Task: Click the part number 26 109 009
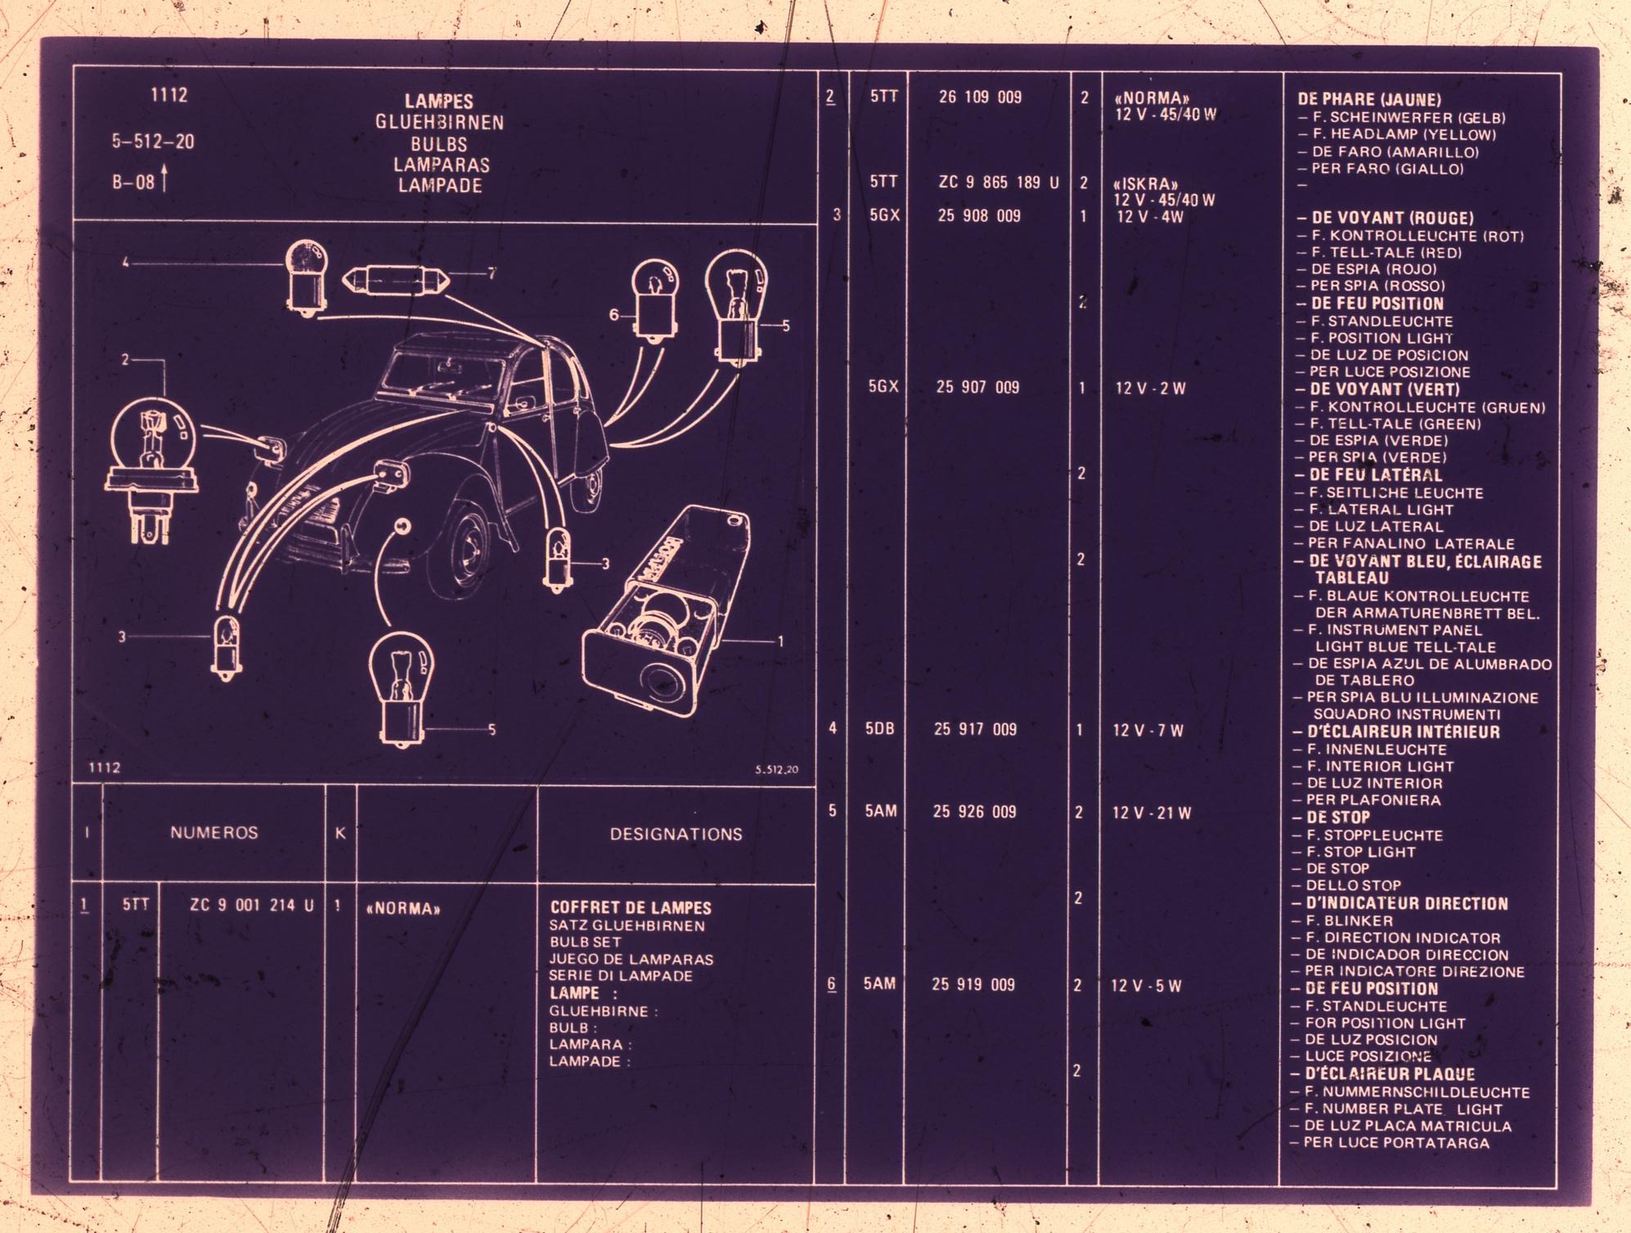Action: tap(980, 97)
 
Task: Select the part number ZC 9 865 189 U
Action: tap(999, 182)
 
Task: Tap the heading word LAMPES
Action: tap(439, 101)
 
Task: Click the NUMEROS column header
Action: tap(214, 833)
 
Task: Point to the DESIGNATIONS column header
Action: tap(676, 835)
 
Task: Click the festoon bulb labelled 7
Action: tap(396, 281)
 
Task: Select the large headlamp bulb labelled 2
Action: tap(152, 470)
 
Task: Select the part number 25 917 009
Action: tap(976, 729)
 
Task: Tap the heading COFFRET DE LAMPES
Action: tap(631, 907)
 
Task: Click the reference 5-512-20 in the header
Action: tap(153, 142)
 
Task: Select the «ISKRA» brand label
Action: tap(1145, 184)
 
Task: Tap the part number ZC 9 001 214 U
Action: tap(252, 905)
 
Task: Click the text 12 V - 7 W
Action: tap(1148, 731)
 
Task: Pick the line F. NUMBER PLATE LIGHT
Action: tap(1396, 1109)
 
